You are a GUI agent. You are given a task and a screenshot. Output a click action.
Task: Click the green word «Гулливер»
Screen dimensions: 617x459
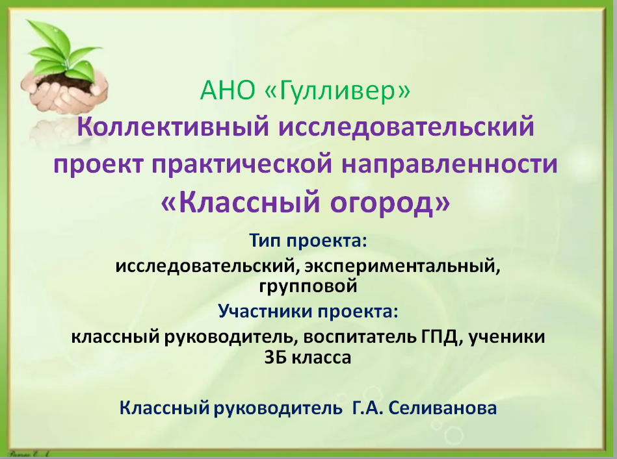coord(338,91)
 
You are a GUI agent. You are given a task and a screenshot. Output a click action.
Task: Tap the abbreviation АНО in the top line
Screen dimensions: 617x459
coord(228,90)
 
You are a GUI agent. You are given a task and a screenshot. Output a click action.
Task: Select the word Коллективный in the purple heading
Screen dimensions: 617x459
coord(173,127)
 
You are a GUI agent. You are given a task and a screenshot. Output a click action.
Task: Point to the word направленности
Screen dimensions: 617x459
coord(449,164)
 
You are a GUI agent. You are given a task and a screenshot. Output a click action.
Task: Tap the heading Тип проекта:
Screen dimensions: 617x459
coord(308,240)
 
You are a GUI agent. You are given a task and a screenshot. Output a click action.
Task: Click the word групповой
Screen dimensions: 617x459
coord(308,286)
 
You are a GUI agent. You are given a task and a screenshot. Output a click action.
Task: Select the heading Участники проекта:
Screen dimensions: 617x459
coord(308,311)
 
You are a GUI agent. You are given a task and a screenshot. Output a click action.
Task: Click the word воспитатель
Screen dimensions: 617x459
coord(360,337)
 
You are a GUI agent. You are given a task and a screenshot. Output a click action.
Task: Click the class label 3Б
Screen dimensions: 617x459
coord(274,358)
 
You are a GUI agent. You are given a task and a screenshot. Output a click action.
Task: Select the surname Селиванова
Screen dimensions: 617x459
coord(443,408)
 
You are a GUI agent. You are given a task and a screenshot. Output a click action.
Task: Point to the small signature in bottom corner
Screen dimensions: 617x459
coord(29,454)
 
